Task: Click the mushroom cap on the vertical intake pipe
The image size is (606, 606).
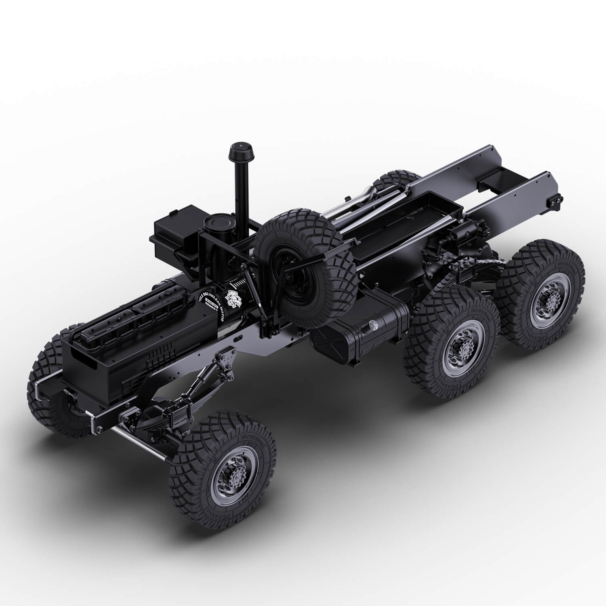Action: tap(240, 150)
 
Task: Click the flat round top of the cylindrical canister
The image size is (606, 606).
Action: tap(214, 221)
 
